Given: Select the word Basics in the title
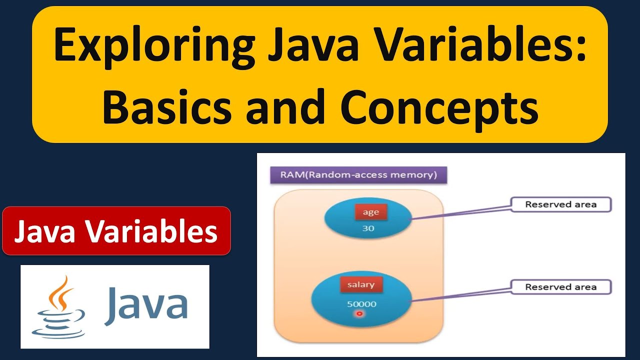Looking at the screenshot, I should pos(167,107).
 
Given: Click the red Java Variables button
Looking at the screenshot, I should pos(116,231).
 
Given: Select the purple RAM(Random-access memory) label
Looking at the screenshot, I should pos(358,175).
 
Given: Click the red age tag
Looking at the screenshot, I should pos(371,212).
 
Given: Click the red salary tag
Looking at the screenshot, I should pos(361,284).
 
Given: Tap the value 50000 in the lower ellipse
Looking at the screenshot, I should pos(361,304).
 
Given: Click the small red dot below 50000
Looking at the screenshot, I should pos(358,314).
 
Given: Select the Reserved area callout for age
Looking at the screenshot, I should pos(560,204).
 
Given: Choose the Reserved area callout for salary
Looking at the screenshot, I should pos(560,287).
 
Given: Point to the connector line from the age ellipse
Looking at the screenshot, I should pos(460,212).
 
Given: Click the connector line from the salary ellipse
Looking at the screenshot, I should pos(460,294).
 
